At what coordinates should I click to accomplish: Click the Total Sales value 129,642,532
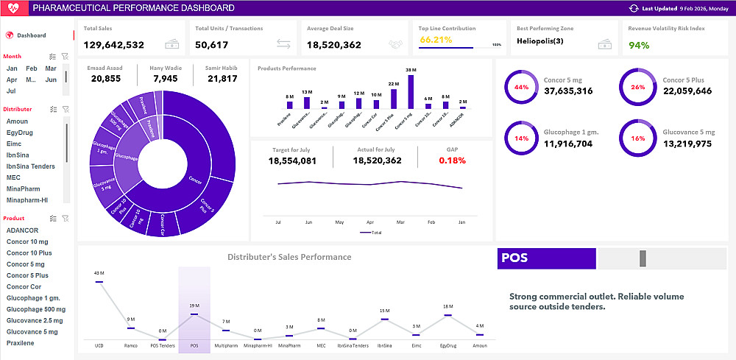coord(114,45)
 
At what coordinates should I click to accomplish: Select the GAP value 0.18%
coord(452,160)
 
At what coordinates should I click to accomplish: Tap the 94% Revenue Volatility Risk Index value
coord(639,45)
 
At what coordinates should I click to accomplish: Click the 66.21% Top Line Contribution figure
coord(436,40)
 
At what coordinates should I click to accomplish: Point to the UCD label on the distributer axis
coord(99,345)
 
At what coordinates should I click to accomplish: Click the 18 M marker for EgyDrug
coord(447,315)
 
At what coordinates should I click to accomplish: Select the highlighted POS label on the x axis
coord(194,345)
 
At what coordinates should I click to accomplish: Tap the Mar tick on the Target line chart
coord(400,222)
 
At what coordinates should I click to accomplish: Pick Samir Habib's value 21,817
coord(222,79)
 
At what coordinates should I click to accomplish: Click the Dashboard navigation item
coord(31,35)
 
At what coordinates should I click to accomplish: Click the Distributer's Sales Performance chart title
coord(289,257)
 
